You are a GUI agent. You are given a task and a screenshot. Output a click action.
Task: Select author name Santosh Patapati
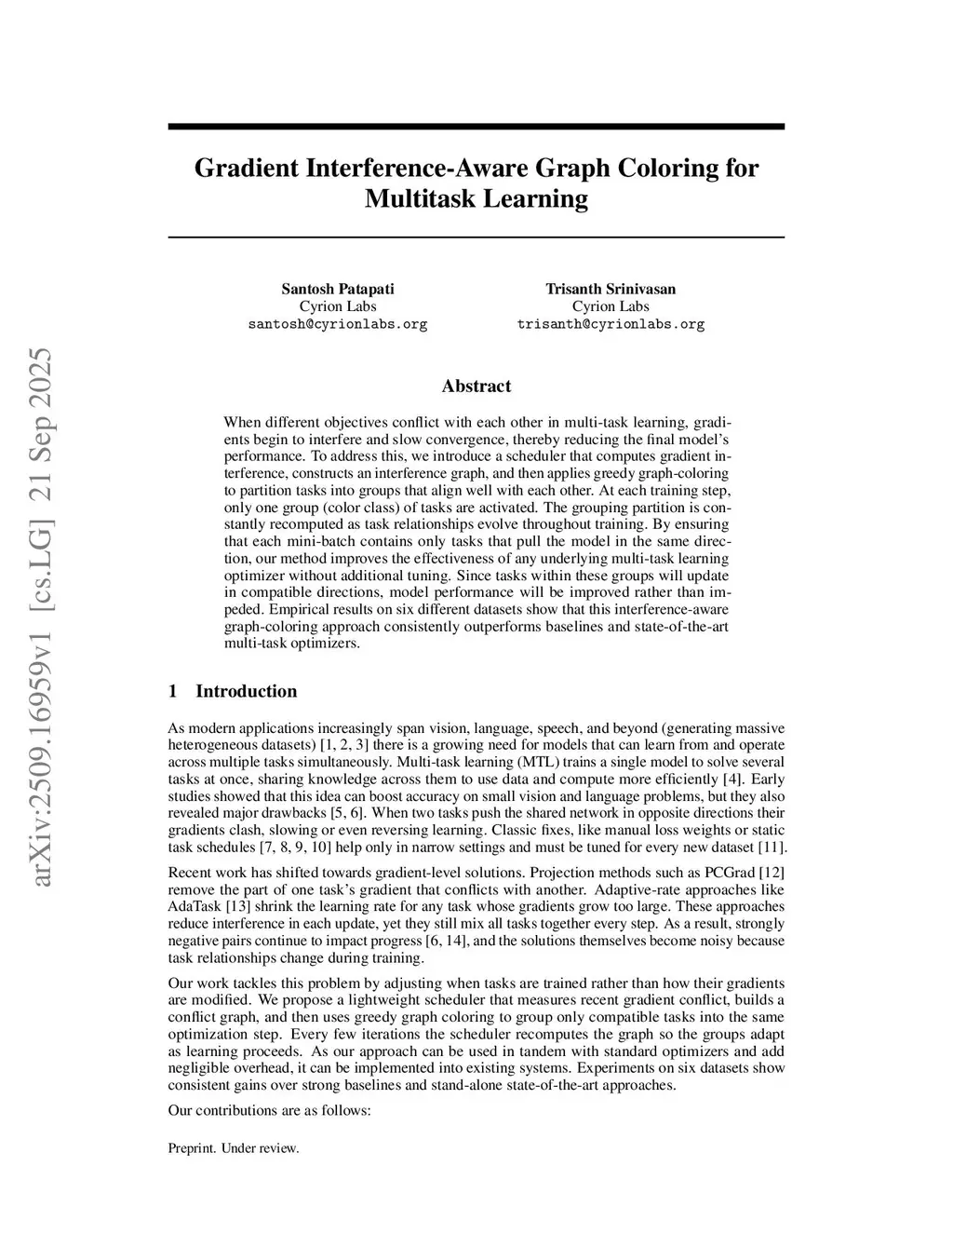337,289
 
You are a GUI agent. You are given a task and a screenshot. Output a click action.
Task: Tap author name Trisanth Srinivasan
611,289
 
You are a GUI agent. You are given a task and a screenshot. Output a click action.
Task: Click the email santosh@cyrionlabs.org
337,324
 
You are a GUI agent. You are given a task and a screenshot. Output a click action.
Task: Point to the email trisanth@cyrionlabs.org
611,324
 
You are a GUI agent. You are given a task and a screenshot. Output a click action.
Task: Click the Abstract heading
476,386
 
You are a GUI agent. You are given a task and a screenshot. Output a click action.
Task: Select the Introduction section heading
246,691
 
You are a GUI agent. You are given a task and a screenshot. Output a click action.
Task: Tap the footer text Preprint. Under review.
233,1148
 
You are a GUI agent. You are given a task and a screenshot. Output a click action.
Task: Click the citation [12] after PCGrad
772,872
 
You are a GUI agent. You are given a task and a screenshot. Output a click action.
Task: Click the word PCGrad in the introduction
730,872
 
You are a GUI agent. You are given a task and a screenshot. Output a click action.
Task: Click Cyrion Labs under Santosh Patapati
337,306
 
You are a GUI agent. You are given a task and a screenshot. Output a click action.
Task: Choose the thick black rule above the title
476,127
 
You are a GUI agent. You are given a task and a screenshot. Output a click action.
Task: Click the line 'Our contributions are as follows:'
270,1110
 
